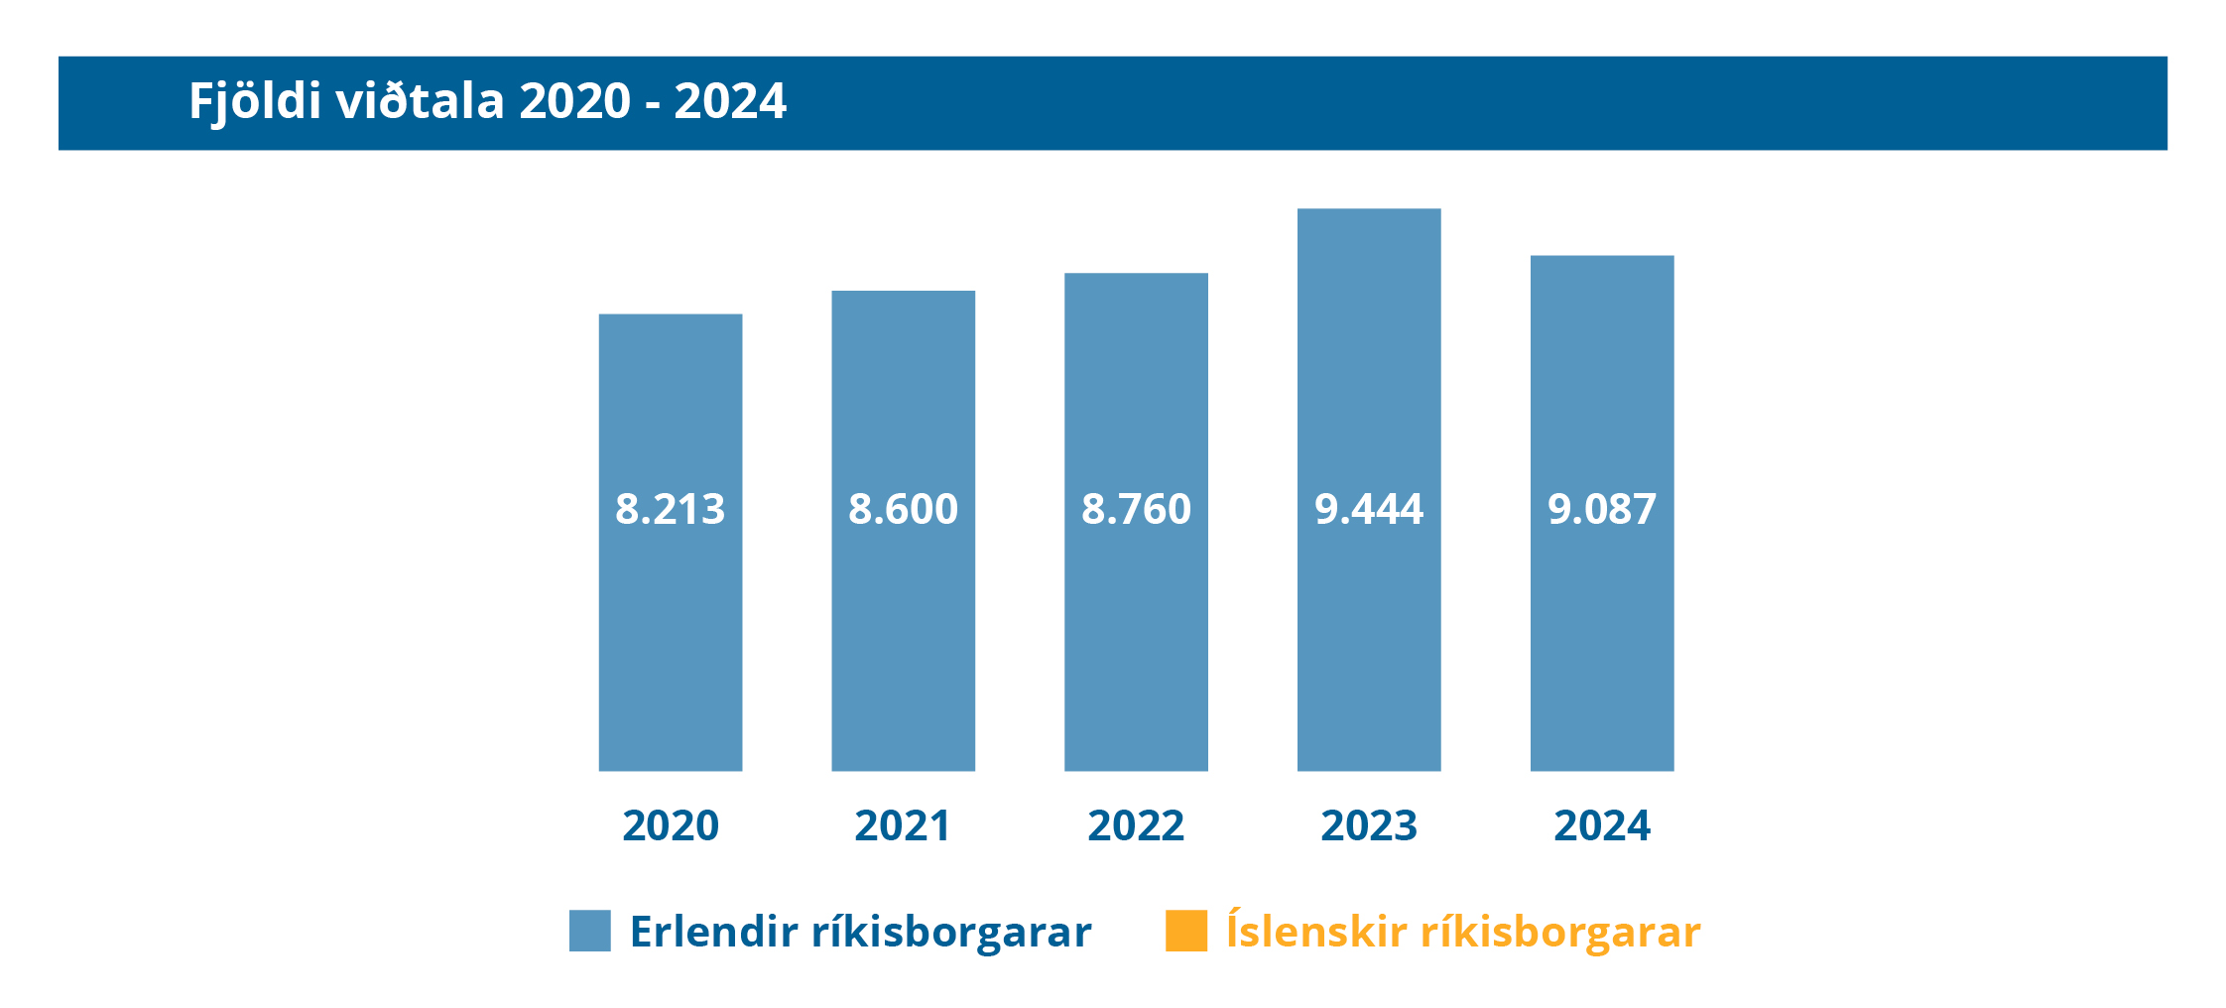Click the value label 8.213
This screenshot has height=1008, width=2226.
coord(670,509)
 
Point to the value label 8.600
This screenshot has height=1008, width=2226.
coord(903,509)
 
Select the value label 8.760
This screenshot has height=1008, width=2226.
coord(1136,509)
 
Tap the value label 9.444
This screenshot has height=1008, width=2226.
coord(1369,509)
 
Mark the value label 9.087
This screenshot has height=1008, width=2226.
coord(1602,509)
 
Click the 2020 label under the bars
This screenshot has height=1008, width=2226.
coord(670,825)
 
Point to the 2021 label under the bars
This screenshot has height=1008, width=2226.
coord(903,825)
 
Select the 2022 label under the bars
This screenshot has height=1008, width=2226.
coord(1136,825)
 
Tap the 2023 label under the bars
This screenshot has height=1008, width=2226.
coord(1369,825)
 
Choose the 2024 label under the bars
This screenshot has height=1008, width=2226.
coord(1602,825)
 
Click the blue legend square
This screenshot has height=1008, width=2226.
coord(589,931)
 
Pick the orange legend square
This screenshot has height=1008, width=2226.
coord(1185,931)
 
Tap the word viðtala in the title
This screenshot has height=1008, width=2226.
coord(420,101)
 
